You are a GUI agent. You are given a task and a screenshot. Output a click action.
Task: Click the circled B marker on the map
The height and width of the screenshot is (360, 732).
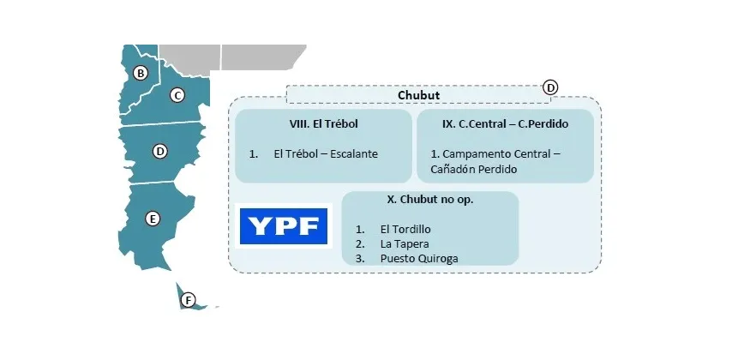click(141, 73)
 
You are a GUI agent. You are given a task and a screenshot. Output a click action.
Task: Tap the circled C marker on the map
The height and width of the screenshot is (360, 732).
click(177, 95)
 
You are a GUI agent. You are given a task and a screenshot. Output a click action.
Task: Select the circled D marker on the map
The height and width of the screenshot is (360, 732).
click(159, 152)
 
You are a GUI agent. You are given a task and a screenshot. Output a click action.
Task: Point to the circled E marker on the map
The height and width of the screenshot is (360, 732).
click(153, 219)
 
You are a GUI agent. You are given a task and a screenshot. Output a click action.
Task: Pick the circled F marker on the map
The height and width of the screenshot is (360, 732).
click(189, 300)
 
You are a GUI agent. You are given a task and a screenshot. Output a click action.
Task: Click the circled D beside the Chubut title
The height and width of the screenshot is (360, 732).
click(550, 87)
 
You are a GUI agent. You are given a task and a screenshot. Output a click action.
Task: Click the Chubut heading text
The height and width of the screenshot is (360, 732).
click(418, 95)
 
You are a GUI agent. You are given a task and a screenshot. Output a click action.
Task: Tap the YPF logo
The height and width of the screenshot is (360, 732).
click(283, 225)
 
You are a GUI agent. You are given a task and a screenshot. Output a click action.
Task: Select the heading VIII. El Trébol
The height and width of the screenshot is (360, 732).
click(324, 124)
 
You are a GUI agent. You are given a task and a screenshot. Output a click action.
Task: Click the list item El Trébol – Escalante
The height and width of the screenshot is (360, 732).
click(325, 154)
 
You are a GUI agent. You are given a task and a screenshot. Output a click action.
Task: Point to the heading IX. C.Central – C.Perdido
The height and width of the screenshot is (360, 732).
click(505, 124)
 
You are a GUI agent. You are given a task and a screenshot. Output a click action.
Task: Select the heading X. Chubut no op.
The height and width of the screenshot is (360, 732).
click(429, 199)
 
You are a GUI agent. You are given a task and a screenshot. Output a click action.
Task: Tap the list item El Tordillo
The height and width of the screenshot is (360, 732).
click(405, 230)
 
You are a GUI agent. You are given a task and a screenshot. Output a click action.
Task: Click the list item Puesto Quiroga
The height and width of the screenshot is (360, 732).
click(418, 259)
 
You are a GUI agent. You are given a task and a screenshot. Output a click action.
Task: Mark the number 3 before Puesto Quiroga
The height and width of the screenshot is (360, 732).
click(360, 259)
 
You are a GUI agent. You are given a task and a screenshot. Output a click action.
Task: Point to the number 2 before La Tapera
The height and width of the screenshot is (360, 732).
click(360, 244)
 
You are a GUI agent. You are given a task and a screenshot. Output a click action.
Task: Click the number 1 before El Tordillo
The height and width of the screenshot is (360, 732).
click(360, 230)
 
